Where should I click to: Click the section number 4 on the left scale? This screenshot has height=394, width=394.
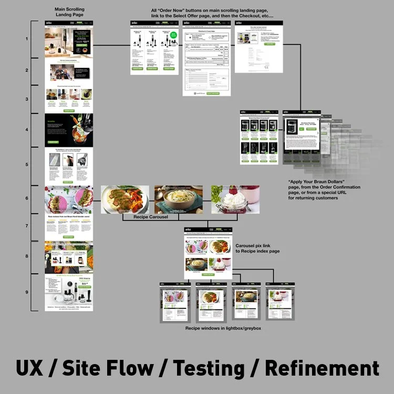[x=26, y=129]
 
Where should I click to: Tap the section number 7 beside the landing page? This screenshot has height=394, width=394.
[x=26, y=225]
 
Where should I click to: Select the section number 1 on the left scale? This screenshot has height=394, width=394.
[x=26, y=39]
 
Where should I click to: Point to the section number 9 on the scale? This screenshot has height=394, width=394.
[x=26, y=293]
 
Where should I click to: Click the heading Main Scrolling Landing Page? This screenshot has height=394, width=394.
[x=69, y=13]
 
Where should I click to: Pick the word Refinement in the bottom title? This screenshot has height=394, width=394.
[x=322, y=367]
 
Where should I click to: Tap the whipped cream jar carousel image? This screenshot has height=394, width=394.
[x=235, y=200]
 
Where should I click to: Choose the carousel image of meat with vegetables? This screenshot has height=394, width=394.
[x=125, y=200]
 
